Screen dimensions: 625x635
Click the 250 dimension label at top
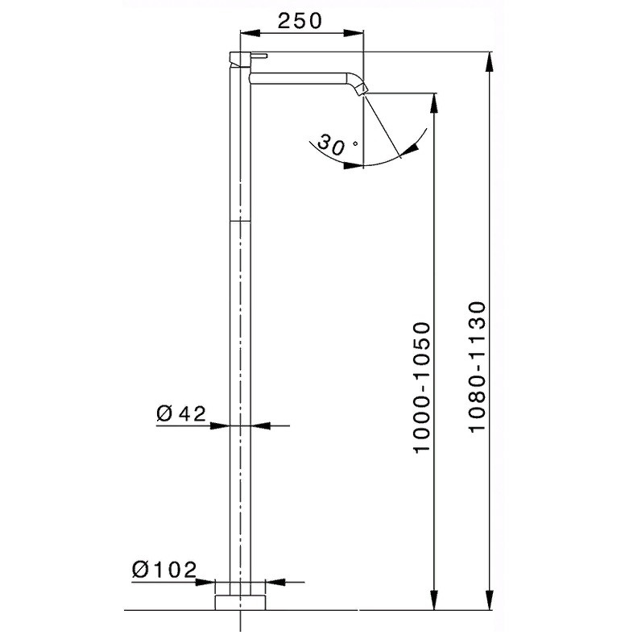coord(300,21)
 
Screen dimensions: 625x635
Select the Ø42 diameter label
coord(181,413)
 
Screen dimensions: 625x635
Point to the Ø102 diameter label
coord(164,570)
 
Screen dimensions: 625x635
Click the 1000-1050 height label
coord(421,388)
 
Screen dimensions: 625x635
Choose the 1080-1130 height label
coord(478,367)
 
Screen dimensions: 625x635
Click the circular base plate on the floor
coord(240,602)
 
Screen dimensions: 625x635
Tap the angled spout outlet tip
coord(362,89)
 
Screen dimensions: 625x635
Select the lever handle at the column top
coord(248,58)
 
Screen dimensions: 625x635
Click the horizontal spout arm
coord(300,78)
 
